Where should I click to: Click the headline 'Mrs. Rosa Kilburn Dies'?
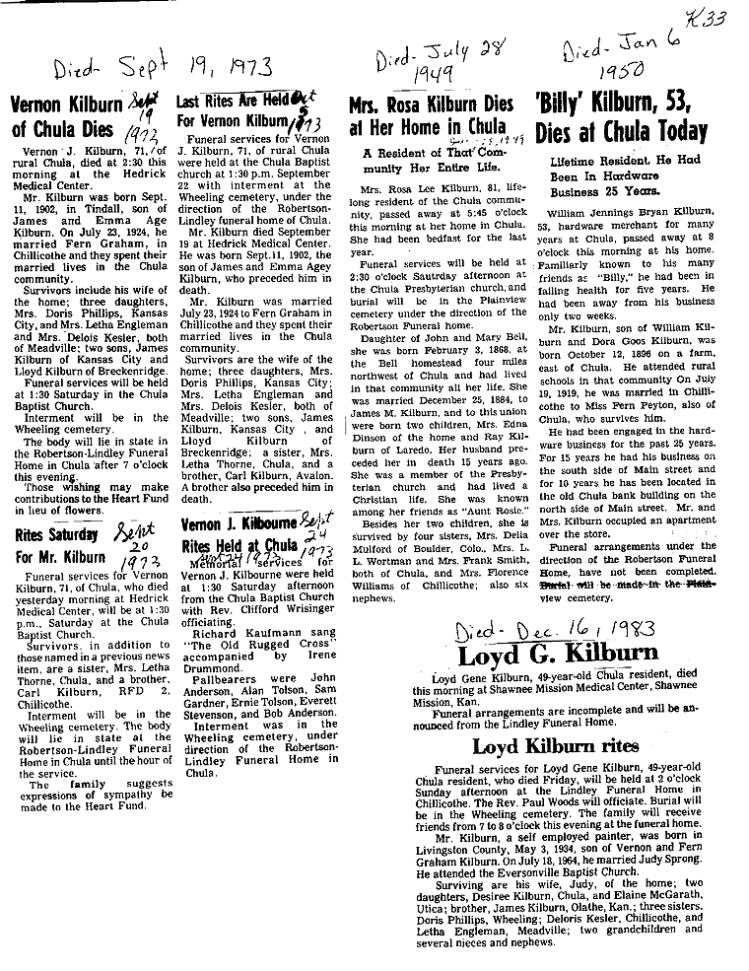tap(431, 104)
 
